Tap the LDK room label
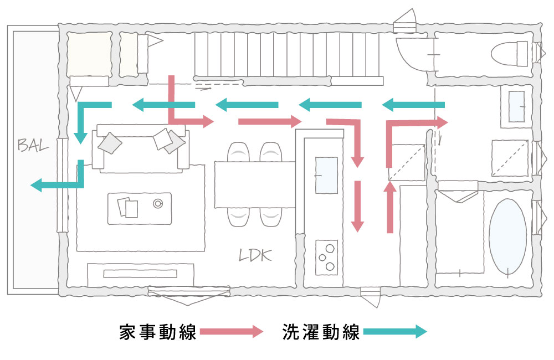click(255, 255)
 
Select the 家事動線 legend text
click(158, 332)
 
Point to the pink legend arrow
click(232, 332)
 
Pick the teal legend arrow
click(395, 332)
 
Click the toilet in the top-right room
click(510, 54)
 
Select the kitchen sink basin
click(326, 175)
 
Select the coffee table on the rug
click(140, 208)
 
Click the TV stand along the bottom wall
click(141, 274)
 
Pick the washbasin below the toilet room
click(516, 105)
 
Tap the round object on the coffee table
click(157, 203)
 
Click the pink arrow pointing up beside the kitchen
click(390, 208)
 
